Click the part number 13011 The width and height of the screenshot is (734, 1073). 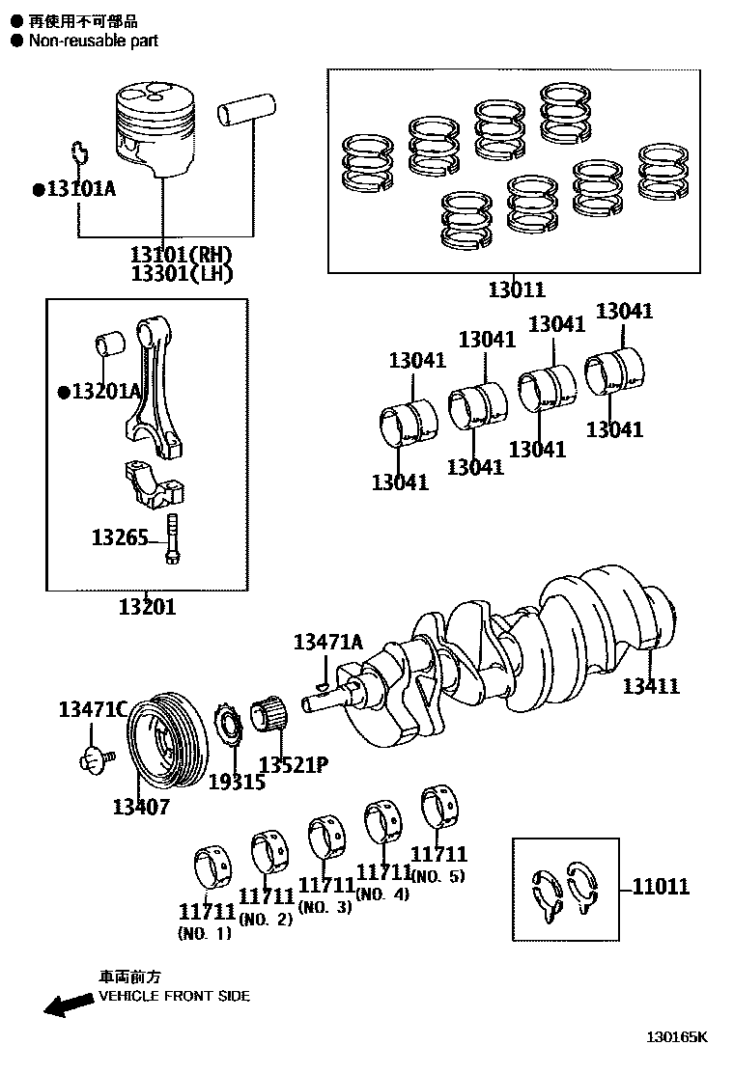coord(516,289)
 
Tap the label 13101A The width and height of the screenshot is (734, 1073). coord(80,188)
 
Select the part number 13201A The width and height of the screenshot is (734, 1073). coord(104,391)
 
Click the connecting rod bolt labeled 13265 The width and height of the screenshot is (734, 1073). coord(172,538)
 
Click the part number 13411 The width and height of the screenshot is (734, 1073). coord(650,686)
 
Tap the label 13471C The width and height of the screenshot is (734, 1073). coord(93,710)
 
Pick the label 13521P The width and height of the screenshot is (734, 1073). coord(294,765)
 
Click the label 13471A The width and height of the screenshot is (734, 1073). coord(328,642)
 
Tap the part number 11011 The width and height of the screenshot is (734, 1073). coord(661,887)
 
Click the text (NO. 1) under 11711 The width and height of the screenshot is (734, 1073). coord(205,933)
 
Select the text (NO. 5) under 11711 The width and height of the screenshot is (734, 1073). coord(438,876)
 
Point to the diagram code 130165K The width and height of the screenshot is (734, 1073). coord(677,1037)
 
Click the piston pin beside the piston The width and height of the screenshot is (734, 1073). coord(246,111)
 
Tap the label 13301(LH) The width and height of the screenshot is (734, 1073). coord(183,273)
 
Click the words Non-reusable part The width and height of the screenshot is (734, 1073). coord(93,41)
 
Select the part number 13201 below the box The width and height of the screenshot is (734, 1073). coord(147,607)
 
